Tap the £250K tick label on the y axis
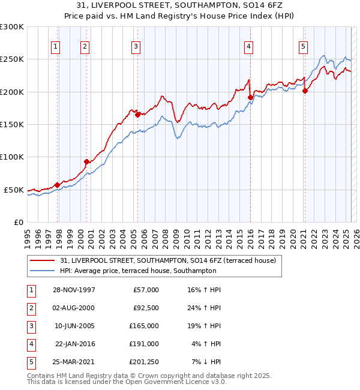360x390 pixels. coord(12,59)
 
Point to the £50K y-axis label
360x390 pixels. coord(14,190)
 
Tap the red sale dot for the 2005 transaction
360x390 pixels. coord(137,115)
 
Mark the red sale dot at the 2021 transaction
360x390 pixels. coord(305,91)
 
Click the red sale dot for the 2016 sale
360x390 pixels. coord(250,98)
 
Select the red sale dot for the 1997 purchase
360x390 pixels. coord(58,185)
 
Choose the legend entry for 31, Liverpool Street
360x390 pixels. coord(167,260)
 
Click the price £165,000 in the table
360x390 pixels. coord(144,326)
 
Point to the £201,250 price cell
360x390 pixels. coord(144,362)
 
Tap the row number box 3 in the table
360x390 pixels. coord(29,326)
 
